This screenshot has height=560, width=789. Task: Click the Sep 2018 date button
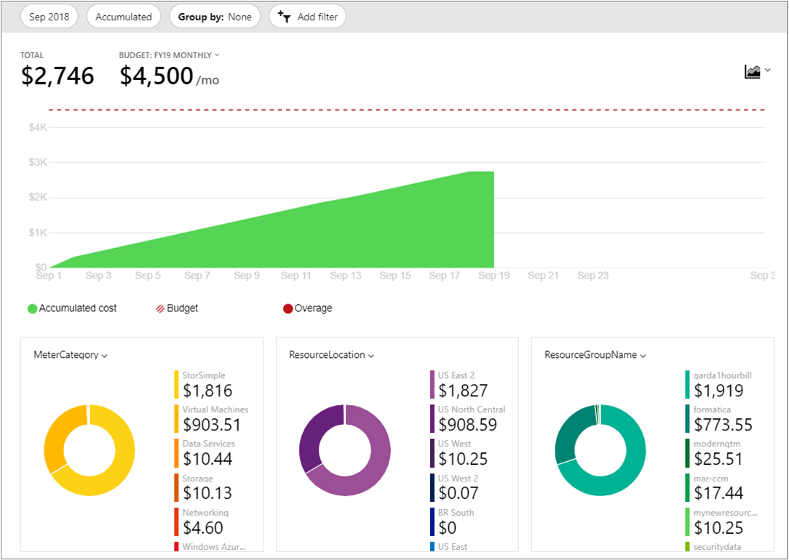pos(49,17)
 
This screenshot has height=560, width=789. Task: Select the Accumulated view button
pos(124,17)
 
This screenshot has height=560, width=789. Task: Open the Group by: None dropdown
pos(215,17)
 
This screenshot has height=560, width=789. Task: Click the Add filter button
pos(307,17)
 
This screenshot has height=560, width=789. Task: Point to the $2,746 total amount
pos(58,76)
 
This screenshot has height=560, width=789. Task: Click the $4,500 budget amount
pos(156,76)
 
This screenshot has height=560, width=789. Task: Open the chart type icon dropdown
pos(757,71)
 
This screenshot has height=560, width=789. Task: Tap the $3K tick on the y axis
pos(38,162)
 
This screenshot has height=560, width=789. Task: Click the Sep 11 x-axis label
pos(296,276)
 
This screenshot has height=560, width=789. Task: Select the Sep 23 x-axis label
pos(592,276)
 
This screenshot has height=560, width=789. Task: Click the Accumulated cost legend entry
pos(72,308)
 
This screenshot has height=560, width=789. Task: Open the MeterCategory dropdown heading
pos(71,355)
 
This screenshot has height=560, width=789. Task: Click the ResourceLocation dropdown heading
pos(331,355)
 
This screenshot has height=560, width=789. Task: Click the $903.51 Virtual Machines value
pos(212,424)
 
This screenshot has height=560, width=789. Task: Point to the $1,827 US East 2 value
pos(463,391)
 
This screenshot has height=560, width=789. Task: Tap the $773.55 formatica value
pos(723,424)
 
